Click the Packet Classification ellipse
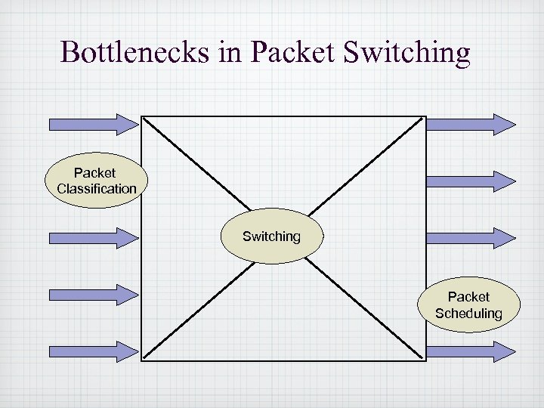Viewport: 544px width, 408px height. tap(96, 181)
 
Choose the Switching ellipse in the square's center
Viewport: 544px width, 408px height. tap(271, 236)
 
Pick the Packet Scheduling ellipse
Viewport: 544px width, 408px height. tap(468, 305)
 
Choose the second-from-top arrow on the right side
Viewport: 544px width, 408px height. tap(471, 181)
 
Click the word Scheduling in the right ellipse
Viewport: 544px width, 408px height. tap(468, 314)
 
